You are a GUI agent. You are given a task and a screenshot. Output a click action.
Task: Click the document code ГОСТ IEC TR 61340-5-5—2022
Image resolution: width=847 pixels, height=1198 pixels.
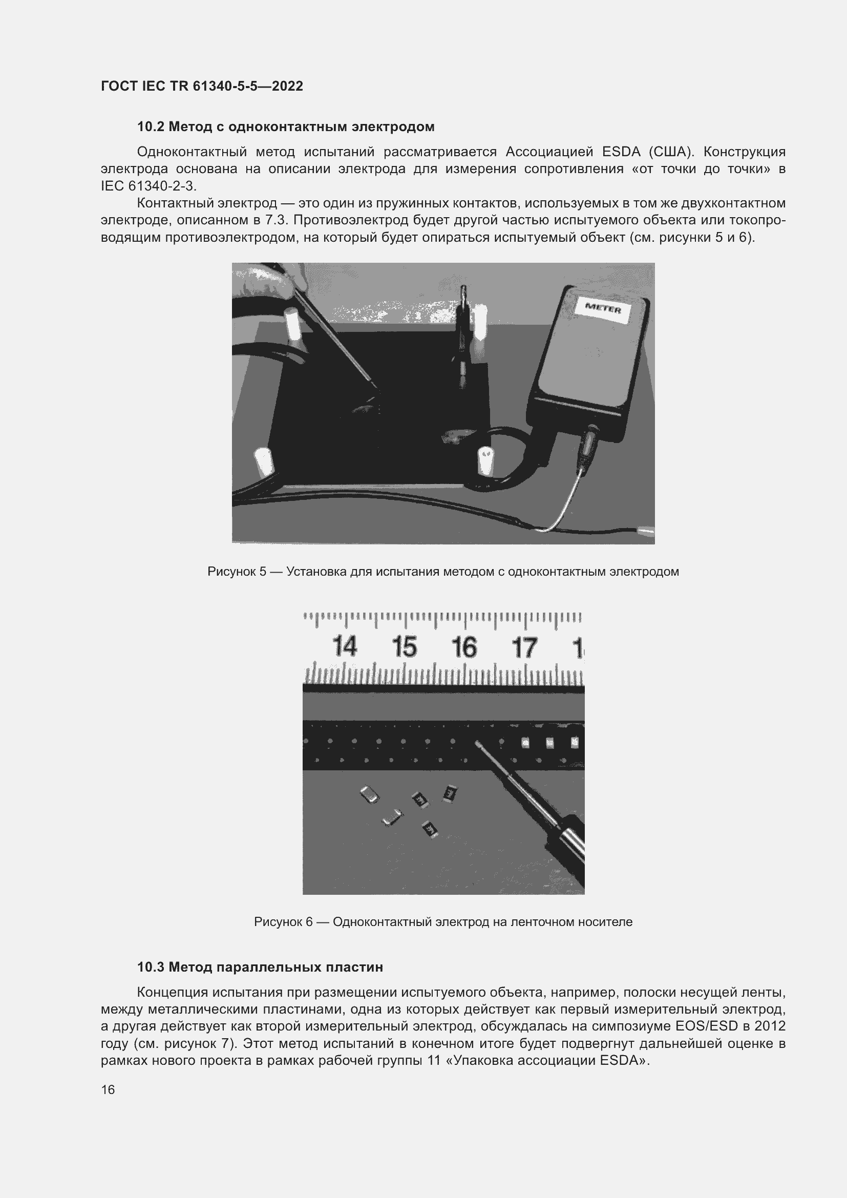tap(202, 86)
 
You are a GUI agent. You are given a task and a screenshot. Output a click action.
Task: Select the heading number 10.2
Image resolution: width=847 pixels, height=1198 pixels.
tap(150, 127)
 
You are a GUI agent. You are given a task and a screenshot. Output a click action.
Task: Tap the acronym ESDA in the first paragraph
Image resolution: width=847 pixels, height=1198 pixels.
tap(621, 152)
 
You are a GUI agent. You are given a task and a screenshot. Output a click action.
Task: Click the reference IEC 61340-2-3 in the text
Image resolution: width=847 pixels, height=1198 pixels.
tap(148, 186)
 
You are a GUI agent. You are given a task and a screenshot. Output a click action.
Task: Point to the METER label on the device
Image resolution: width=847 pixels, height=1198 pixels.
tap(603, 309)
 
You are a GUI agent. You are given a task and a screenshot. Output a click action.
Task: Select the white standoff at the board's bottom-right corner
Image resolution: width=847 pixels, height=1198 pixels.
tap(485, 459)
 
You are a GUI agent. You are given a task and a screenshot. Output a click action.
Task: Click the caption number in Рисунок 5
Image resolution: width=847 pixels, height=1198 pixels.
tap(262, 572)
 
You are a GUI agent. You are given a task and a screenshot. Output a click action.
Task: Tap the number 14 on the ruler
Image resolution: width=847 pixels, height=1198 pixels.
tap(344, 647)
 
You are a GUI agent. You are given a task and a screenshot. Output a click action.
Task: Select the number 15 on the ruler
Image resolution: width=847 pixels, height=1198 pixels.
tap(404, 647)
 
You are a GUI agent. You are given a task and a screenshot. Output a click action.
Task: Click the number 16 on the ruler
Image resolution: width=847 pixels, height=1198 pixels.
tap(464, 647)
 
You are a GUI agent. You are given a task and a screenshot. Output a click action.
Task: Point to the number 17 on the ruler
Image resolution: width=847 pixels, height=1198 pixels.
tap(524, 647)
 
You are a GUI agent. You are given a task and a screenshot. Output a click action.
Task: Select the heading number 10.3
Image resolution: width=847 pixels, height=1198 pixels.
tap(150, 967)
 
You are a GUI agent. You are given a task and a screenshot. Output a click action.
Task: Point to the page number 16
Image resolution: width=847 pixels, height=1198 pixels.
tap(108, 1089)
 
